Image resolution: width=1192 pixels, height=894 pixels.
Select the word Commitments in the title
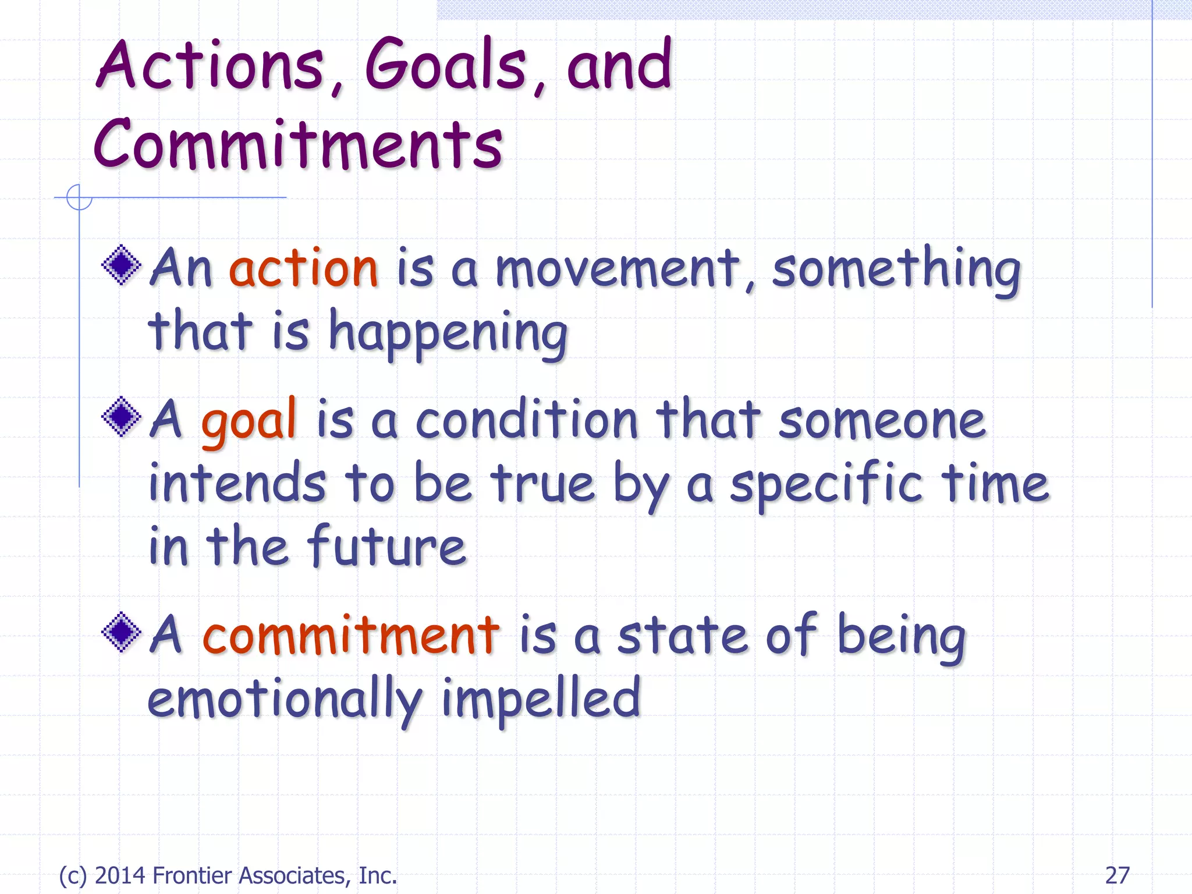coord(298,146)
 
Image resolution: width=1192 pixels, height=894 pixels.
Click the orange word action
coord(304,269)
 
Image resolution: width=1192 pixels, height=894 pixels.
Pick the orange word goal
coord(249,420)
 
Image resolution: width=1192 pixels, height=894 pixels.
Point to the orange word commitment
coord(350,636)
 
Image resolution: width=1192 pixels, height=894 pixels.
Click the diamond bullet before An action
coord(122,265)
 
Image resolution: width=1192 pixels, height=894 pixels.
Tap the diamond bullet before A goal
coord(122,417)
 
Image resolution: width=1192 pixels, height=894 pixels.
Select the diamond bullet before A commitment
coord(122,633)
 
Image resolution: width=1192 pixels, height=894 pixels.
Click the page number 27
coord(1117,875)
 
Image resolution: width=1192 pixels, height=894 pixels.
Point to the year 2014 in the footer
coord(120,875)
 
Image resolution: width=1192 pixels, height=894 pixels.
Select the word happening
coord(448,334)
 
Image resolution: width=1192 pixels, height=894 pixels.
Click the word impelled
coord(541,700)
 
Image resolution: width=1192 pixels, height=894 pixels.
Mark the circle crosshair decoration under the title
coord(79,197)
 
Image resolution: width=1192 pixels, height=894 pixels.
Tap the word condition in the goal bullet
coord(527,420)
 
